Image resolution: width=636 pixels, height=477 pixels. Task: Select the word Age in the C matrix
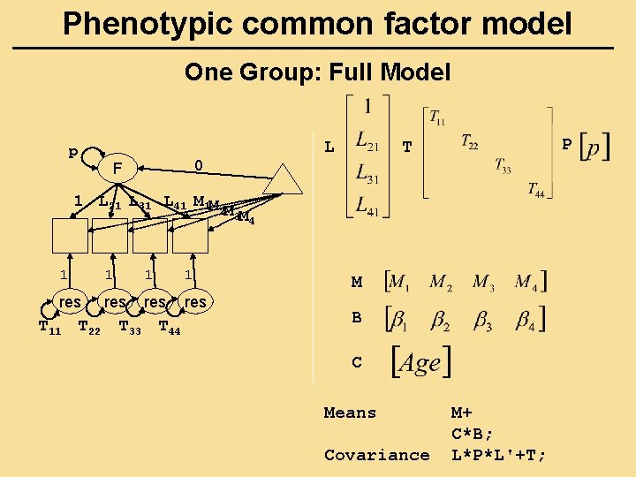tap(420, 362)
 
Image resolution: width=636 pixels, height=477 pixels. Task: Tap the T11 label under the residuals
tap(49, 329)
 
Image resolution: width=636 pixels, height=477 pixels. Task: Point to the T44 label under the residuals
tap(169, 329)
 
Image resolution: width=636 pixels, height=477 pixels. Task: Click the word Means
tap(350, 413)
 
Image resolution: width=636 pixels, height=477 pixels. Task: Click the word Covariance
tap(376, 455)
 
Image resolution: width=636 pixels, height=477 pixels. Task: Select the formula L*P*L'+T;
tap(499, 455)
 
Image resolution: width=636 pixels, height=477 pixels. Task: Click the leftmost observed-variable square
tap(70, 236)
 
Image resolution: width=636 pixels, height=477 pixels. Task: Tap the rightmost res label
tap(195, 302)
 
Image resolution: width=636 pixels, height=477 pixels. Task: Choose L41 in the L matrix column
tap(367, 206)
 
